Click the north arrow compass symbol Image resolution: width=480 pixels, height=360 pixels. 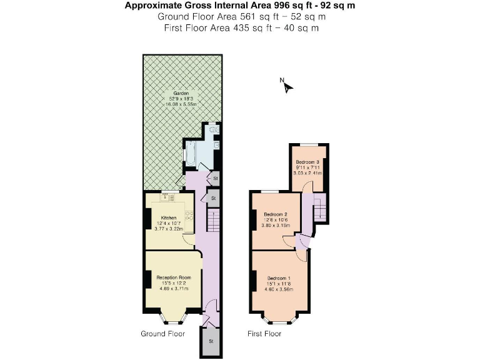point(287,86)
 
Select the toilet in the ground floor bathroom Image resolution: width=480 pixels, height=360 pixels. point(214,130)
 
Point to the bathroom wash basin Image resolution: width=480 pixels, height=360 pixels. point(216,146)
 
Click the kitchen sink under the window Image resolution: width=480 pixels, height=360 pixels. point(167,197)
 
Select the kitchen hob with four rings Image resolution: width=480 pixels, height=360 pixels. point(188,214)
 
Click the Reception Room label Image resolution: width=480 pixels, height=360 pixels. point(169,277)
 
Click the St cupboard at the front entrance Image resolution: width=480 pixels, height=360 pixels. point(211,341)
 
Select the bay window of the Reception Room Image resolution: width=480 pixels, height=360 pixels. point(170,317)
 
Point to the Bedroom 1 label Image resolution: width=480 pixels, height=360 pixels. point(279,277)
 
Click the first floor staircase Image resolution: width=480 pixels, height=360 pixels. point(319,207)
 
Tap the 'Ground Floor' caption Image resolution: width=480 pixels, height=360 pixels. point(162,334)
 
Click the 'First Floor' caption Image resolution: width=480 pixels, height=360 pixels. point(264,334)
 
